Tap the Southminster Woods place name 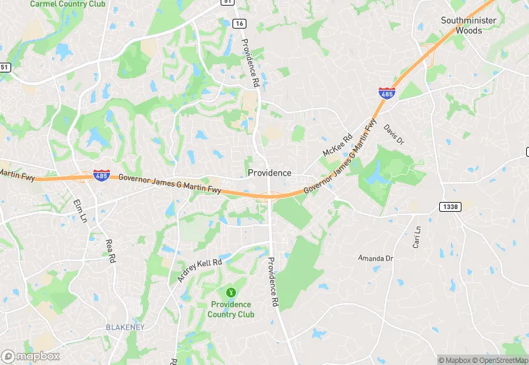(469, 25)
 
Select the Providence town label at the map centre (269, 173)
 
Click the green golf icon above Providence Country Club (231, 292)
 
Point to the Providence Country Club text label (231, 309)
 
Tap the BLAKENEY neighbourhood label (125, 327)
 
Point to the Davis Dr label (394, 134)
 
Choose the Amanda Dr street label (376, 258)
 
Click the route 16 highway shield (239, 23)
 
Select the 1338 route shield (450, 206)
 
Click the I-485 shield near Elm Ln (101, 175)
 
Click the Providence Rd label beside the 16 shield (251, 61)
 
